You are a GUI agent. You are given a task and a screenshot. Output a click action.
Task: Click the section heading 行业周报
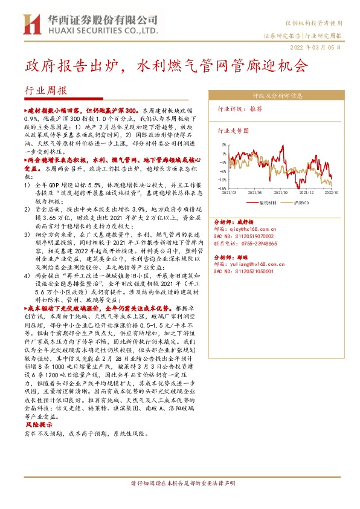tap(46, 90)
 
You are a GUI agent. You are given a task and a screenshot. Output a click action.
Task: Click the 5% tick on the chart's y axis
tap(223, 145)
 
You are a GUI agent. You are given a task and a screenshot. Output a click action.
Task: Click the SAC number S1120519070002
tap(252, 236)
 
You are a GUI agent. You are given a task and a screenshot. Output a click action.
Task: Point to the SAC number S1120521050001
tap(252, 271)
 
